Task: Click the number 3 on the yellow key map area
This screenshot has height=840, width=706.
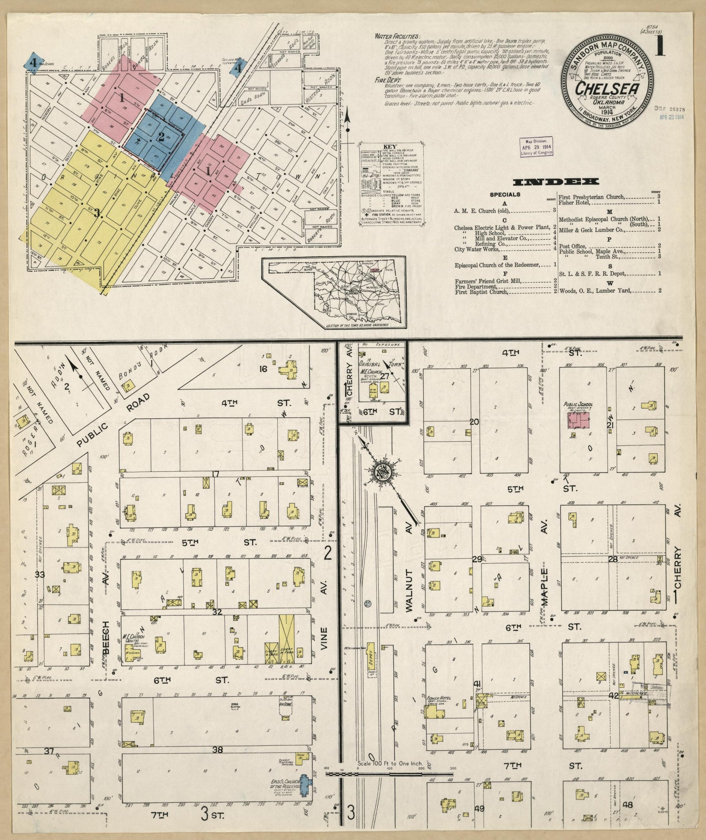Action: pos(97,213)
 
